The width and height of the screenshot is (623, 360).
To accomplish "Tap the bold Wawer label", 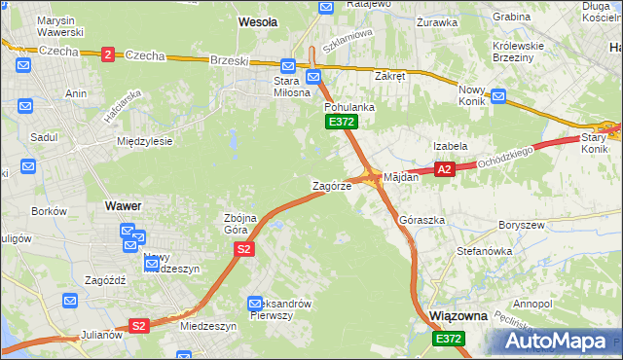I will [x=124, y=206].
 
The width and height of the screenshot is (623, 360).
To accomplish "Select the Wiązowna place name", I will [x=458, y=316].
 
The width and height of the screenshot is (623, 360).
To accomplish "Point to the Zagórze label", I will [x=331, y=185].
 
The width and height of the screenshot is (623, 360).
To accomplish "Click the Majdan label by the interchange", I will [x=401, y=177].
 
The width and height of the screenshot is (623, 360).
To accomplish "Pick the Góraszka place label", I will [x=421, y=221].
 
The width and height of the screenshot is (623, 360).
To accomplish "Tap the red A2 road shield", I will [x=444, y=169].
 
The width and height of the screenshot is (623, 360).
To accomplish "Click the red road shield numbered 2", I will [x=107, y=54].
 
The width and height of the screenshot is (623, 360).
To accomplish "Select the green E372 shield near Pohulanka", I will [x=341, y=122].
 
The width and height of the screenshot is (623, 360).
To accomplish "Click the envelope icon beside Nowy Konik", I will [x=498, y=96].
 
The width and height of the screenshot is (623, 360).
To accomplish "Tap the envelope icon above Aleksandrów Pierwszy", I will [x=256, y=303].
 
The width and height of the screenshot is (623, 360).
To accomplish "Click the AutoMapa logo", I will [x=560, y=341].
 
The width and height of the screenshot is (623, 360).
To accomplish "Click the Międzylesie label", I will [x=144, y=141].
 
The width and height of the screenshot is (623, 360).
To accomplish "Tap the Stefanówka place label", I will [x=485, y=251].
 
